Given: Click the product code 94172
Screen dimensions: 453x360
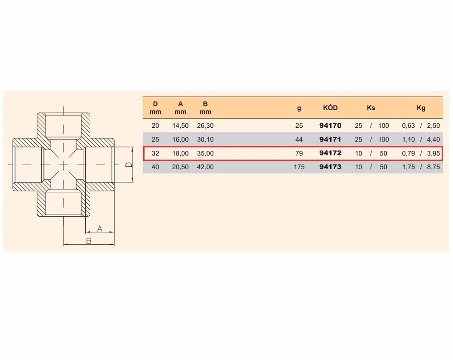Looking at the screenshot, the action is (x=330, y=153).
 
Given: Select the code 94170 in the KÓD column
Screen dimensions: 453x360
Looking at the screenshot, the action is (x=330, y=126).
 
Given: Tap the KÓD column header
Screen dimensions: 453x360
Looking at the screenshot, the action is (x=330, y=107).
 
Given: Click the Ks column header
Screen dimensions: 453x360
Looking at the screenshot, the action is (x=371, y=108).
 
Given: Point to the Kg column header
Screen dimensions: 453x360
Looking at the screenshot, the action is (x=421, y=108).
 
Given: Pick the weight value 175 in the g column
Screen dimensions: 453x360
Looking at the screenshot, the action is (x=299, y=167).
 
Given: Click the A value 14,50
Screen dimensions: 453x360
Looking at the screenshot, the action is (x=180, y=126).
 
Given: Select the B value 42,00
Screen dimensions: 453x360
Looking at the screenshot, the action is (x=205, y=167).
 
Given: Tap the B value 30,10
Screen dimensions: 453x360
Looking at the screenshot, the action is (x=205, y=139).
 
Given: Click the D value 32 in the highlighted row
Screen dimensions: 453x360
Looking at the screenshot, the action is (x=155, y=153).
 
